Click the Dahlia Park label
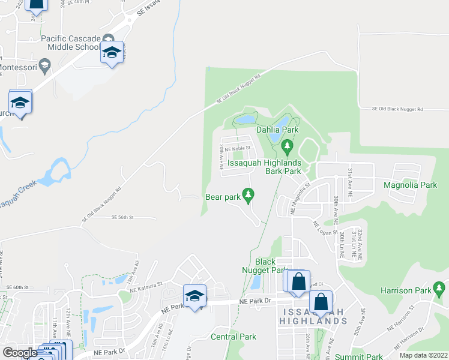(x=277, y=130)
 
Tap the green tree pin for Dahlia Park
(x=287, y=146)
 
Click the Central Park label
(x=234, y=337)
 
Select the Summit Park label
(x=359, y=356)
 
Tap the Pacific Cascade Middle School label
(x=71, y=43)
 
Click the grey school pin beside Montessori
(x=44, y=65)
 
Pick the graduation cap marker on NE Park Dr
(x=194, y=297)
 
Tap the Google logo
(x=20, y=353)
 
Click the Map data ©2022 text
(x=423, y=355)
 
